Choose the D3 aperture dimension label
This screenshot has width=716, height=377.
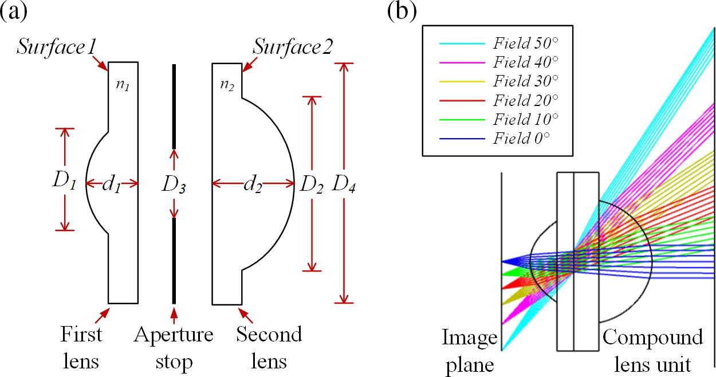click(173, 186)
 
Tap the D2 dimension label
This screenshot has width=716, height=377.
click(312, 183)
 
